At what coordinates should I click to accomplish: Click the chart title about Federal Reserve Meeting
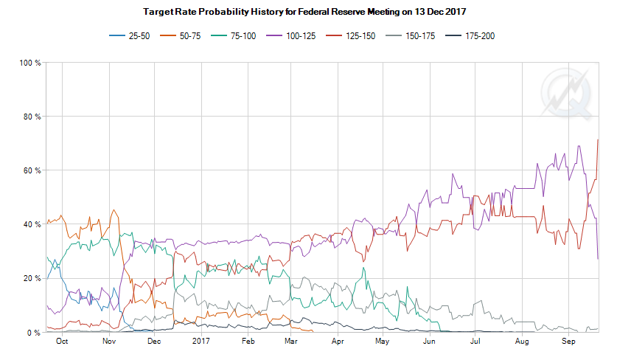307,13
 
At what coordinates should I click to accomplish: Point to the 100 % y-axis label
29,63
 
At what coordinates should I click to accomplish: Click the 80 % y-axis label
32,117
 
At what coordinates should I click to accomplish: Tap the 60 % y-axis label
32,170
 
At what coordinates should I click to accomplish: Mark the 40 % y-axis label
32,224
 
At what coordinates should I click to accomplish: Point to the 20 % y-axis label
32,278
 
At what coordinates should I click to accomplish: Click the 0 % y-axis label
34,332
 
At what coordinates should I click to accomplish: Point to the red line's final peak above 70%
597,139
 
